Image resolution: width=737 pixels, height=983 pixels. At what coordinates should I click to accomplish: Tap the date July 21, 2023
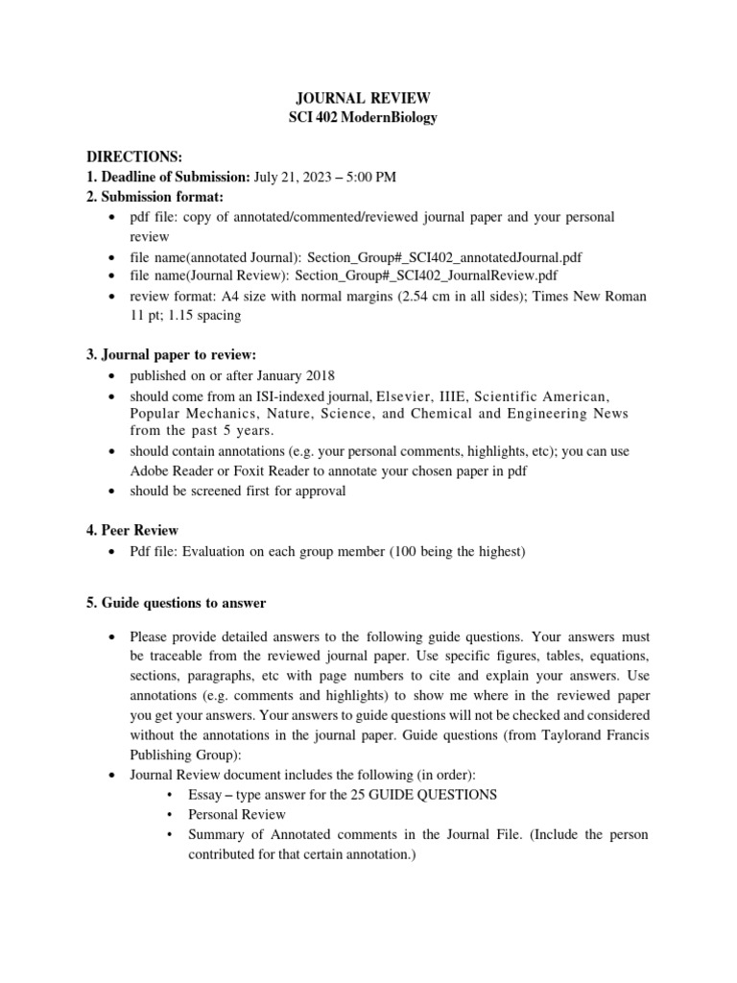(295, 177)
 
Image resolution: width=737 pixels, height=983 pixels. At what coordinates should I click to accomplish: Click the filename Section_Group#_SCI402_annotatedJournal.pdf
(444, 257)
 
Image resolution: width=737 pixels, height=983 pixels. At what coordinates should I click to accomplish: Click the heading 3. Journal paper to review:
(172, 355)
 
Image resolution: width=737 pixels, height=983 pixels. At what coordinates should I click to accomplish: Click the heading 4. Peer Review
(132, 530)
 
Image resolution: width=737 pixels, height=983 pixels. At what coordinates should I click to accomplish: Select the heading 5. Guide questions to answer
(177, 603)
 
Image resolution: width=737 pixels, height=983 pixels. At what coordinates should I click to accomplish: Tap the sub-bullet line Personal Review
(237, 814)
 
